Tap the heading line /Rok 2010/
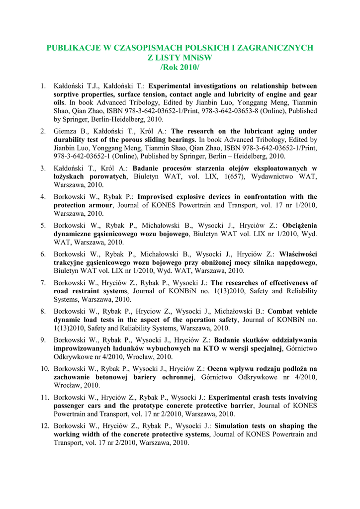(x=180, y=67)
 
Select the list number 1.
(x=43, y=85)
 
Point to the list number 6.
(x=43, y=254)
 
